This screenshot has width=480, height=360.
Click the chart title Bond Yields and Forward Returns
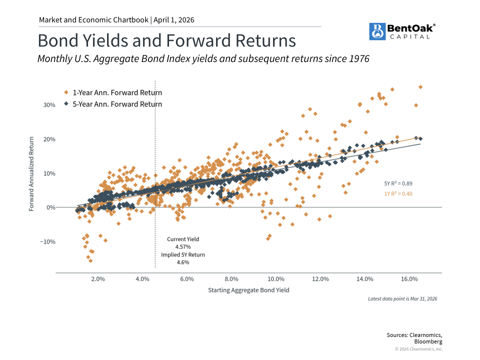(x=166, y=40)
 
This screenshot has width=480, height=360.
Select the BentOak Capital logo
(x=401, y=31)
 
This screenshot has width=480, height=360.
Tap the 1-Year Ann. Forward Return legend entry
(x=117, y=92)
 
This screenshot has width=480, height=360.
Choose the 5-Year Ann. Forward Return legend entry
(x=117, y=104)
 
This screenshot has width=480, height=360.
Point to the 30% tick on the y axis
(x=48, y=105)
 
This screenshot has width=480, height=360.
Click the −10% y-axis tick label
(x=47, y=241)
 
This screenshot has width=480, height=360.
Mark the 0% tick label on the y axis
(x=50, y=207)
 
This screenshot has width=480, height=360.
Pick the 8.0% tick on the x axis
(x=231, y=279)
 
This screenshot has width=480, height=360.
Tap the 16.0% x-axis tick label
(x=409, y=279)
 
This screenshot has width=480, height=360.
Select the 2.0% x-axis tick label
(x=98, y=279)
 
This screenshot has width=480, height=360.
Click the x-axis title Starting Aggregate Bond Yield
(x=248, y=290)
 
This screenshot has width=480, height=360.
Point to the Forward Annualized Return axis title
(x=31, y=173)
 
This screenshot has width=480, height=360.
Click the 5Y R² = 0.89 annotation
(x=398, y=183)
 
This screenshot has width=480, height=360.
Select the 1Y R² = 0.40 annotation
(x=398, y=193)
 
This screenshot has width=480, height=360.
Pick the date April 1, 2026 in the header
(x=173, y=20)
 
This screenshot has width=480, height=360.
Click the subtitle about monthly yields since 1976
(x=203, y=59)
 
